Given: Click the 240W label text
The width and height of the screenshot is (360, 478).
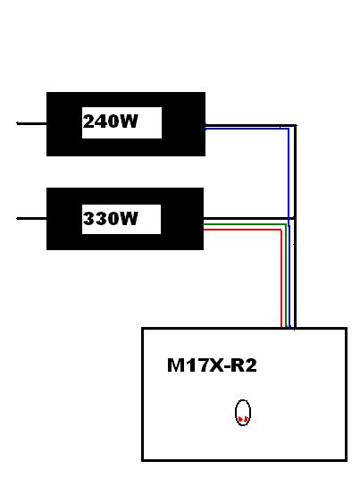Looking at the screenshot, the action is pos(111,122).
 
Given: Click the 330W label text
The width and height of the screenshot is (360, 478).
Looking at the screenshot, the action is pos(111,219).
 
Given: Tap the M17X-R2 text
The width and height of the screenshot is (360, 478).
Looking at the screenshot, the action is pos(212,365).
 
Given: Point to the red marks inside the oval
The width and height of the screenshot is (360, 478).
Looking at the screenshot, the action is pos(243,419).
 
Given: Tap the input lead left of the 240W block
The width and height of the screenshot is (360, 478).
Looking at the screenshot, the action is pos(31,123).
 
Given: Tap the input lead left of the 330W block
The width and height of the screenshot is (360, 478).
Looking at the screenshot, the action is pos(31,218).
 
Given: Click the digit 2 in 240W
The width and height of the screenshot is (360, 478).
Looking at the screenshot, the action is pos(88,122).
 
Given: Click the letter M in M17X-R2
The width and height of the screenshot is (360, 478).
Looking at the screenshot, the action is pos(175,365).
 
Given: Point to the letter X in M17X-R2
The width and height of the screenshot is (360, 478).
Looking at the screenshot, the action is pos(215,365).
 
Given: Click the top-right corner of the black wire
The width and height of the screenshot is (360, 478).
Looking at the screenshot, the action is pos(295,125).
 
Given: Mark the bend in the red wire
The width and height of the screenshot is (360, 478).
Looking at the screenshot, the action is pos(281,230).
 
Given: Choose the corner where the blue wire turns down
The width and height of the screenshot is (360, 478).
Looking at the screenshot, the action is pos(289,129).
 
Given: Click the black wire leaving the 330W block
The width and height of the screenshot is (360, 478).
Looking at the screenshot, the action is pos(248,219).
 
